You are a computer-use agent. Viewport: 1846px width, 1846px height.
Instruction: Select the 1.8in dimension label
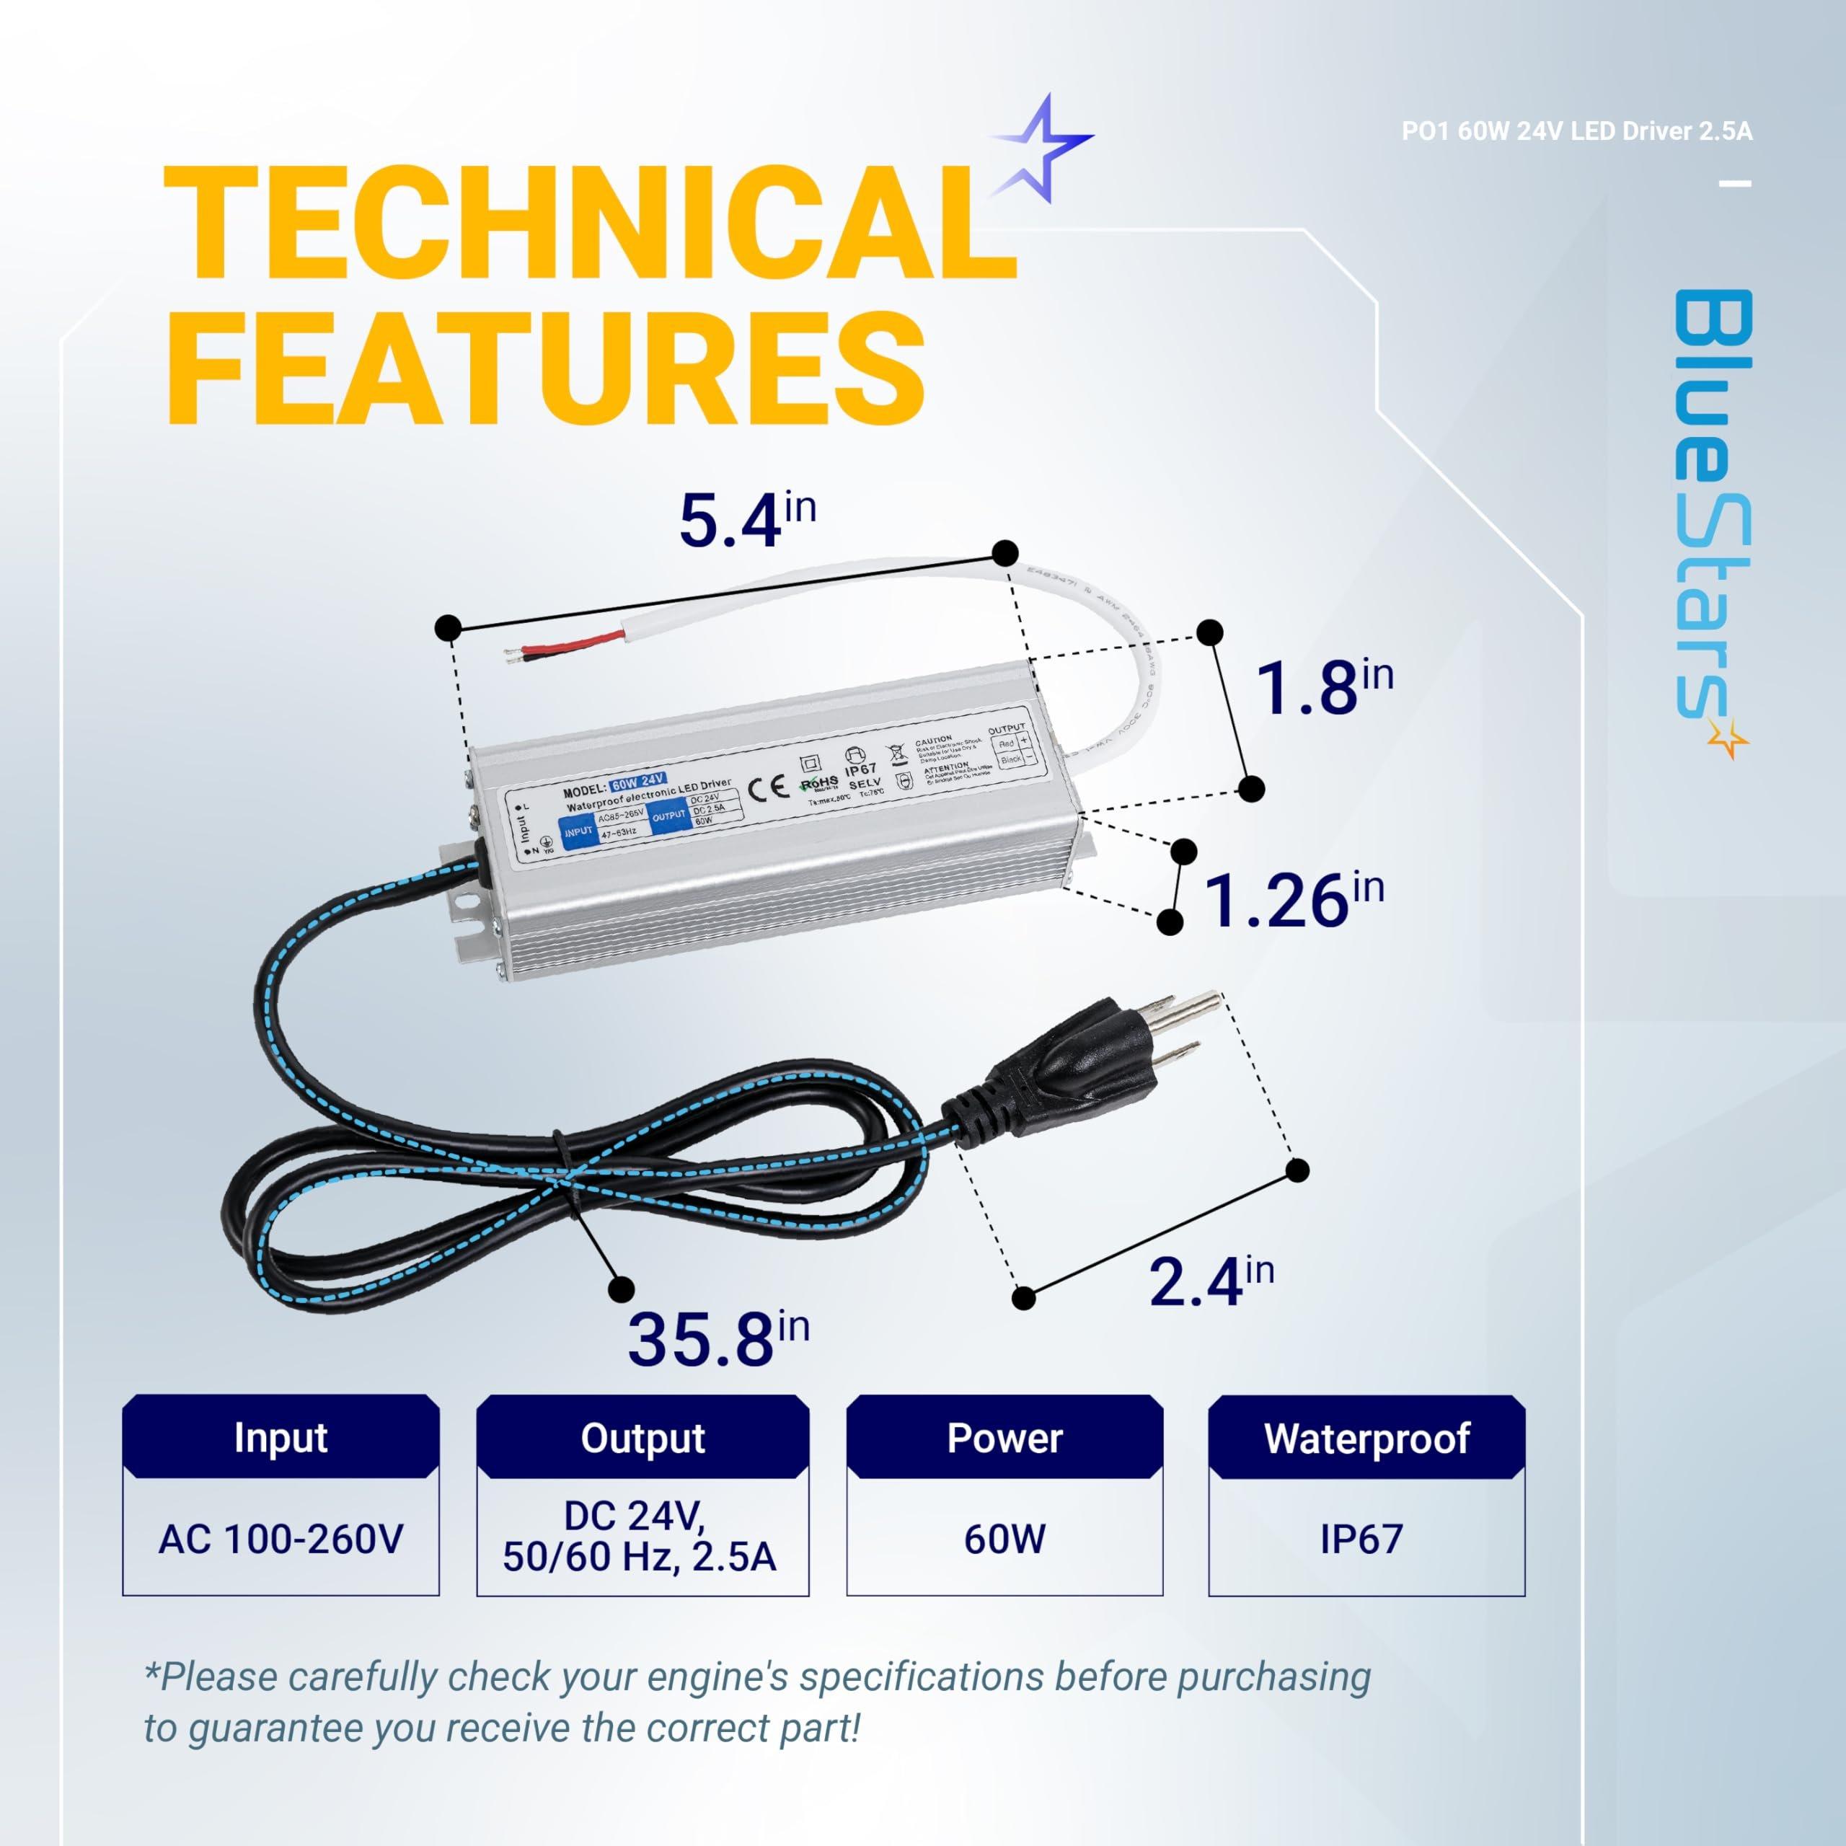point(1322,687)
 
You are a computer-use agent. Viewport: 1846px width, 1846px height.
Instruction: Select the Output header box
point(642,1438)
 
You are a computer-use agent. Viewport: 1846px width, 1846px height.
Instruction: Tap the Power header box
point(1004,1438)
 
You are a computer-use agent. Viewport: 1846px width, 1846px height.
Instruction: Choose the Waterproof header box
point(1366,1438)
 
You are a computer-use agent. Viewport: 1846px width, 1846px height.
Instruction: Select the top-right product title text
point(1576,132)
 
